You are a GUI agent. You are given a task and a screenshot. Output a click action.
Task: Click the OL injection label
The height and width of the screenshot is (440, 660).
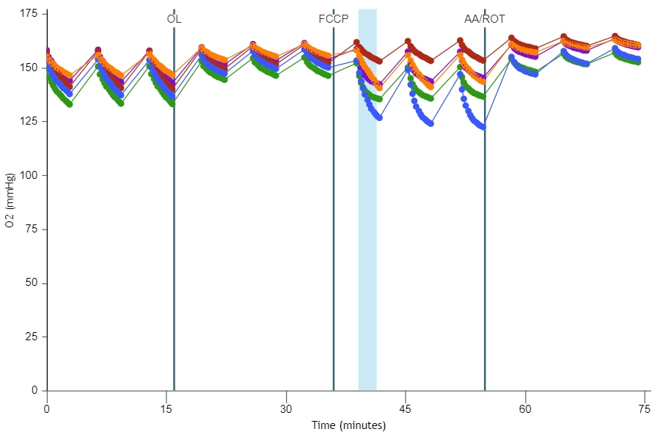pyautogui.click(x=174, y=19)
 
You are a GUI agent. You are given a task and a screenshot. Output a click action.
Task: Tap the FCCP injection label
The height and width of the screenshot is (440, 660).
pyautogui.click(x=334, y=19)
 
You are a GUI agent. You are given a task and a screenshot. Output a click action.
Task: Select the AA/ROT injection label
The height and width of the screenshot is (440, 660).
pyautogui.click(x=485, y=19)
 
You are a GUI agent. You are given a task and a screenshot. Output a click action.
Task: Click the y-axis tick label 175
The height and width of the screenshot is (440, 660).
pyautogui.click(x=29, y=13)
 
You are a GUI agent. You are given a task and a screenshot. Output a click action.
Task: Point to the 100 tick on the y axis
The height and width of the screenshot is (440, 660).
pyautogui.click(x=29, y=175)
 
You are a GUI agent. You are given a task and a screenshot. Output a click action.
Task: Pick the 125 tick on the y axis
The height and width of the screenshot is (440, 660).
pyautogui.click(x=29, y=121)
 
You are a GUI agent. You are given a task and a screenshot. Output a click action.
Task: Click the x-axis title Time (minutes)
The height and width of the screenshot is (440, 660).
pyautogui.click(x=348, y=425)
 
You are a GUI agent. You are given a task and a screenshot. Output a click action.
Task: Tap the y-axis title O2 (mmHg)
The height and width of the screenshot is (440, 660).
pyautogui.click(x=10, y=199)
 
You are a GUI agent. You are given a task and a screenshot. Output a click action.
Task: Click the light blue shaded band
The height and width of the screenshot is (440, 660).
pyautogui.click(x=367, y=220)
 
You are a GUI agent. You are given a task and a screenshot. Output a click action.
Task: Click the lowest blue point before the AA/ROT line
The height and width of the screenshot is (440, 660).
pyautogui.click(x=483, y=127)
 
